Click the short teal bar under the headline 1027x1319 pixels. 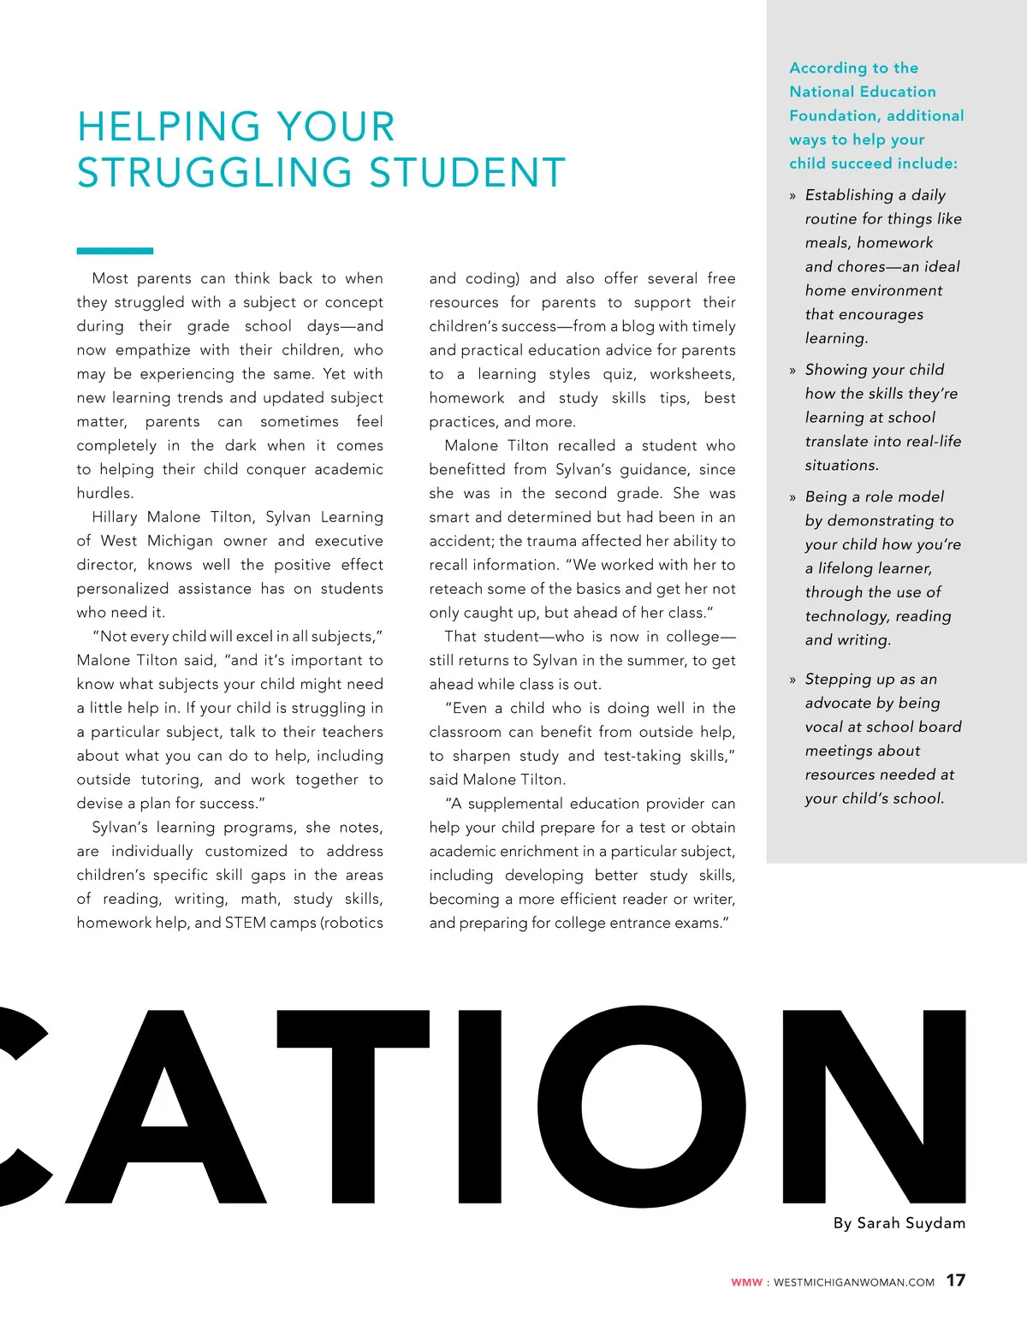115,251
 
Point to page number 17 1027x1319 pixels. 955,1280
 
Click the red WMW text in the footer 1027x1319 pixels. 746,1282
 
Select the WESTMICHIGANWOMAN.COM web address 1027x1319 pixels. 853,1282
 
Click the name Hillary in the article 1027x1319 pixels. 114,517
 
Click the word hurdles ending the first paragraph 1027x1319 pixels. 104,493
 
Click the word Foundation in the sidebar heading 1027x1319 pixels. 828,116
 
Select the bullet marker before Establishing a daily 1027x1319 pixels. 793,196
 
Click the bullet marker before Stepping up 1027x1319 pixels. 793,680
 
